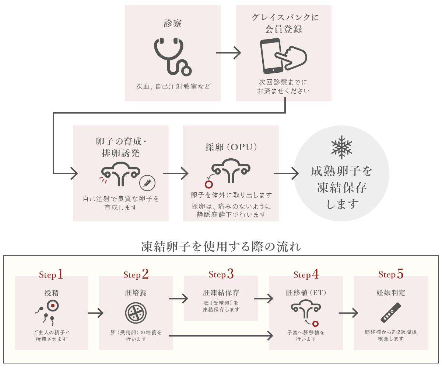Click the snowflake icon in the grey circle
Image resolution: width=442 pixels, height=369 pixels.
pyautogui.click(x=341, y=147)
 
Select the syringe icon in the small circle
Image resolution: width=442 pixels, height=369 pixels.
pyautogui.click(x=147, y=183)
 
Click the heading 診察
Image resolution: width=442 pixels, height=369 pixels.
pyautogui.click(x=172, y=23)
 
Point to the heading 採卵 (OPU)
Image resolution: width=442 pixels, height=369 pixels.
pyautogui.click(x=231, y=147)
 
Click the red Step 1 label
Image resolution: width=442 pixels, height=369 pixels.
pyautogui.click(x=51, y=274)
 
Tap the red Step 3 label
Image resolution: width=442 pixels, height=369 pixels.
pyautogui.click(x=221, y=274)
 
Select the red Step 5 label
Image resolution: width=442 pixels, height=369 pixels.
pyautogui.click(x=391, y=274)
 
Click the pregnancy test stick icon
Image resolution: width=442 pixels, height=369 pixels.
pyautogui.click(x=391, y=313)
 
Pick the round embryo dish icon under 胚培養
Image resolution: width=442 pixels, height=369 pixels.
pyautogui.click(x=136, y=313)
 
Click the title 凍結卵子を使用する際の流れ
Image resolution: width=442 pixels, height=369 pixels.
pyautogui.click(x=221, y=246)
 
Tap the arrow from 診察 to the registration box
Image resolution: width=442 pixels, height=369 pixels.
pyautogui.click(x=228, y=53)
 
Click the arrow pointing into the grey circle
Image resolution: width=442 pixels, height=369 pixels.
pyautogui.click(x=286, y=173)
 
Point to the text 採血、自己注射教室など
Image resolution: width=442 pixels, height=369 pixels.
pyautogui.click(x=173, y=86)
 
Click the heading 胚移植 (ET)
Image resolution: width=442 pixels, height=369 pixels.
pyautogui.click(x=306, y=293)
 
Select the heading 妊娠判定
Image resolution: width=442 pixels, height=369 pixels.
pyautogui.click(x=391, y=293)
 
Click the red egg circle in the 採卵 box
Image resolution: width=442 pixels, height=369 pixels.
pyautogui.click(x=209, y=184)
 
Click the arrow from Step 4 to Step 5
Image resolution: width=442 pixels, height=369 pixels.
pyautogui.click(x=348, y=313)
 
